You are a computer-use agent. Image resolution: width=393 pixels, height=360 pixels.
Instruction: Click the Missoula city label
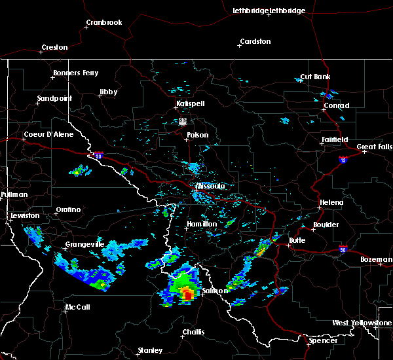click(x=210, y=187)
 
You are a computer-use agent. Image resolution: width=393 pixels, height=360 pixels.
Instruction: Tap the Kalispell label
click(x=190, y=104)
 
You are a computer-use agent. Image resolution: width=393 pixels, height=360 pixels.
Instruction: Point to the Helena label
click(x=331, y=202)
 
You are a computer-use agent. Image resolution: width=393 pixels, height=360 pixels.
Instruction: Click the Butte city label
click(x=297, y=240)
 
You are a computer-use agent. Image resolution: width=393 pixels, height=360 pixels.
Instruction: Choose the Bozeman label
click(x=376, y=260)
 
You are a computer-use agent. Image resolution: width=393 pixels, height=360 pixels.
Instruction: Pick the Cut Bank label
click(x=315, y=77)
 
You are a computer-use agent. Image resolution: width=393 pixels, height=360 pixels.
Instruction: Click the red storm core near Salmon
click(x=188, y=295)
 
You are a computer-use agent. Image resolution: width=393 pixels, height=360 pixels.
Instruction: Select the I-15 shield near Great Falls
click(x=343, y=159)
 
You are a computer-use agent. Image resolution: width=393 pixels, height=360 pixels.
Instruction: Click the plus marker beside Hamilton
click(x=185, y=228)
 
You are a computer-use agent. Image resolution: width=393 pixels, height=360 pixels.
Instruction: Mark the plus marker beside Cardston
click(x=238, y=46)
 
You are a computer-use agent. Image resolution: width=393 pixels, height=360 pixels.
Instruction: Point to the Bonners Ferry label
click(x=76, y=73)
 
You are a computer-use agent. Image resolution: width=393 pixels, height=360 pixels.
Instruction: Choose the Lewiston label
click(x=25, y=215)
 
